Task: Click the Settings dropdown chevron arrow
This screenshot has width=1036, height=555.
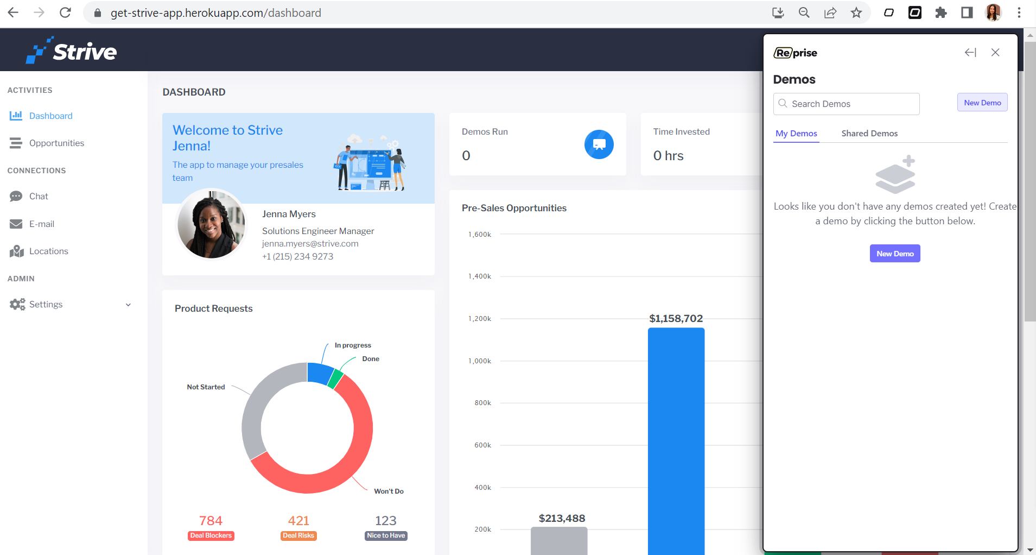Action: tap(128, 305)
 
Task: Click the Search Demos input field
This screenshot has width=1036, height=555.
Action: tap(846, 104)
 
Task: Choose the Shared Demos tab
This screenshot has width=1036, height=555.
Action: tap(869, 134)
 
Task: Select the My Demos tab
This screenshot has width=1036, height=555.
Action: tap(796, 134)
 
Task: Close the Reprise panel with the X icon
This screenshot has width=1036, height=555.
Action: tap(995, 53)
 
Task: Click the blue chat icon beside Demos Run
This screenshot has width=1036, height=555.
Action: tap(599, 144)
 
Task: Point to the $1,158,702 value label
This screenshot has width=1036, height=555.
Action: tap(676, 318)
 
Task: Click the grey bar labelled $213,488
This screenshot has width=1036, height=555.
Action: tap(559, 541)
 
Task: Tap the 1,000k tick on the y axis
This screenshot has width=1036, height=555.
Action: tap(480, 361)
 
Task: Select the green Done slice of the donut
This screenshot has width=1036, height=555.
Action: tap(335, 378)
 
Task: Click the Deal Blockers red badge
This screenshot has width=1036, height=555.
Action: tap(211, 535)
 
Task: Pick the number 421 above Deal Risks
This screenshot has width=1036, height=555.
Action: tap(298, 521)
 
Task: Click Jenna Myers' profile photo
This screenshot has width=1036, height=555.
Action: tap(212, 224)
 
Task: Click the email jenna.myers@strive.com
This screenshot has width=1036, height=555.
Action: tap(310, 244)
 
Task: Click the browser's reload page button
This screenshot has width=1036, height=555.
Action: tap(65, 12)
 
